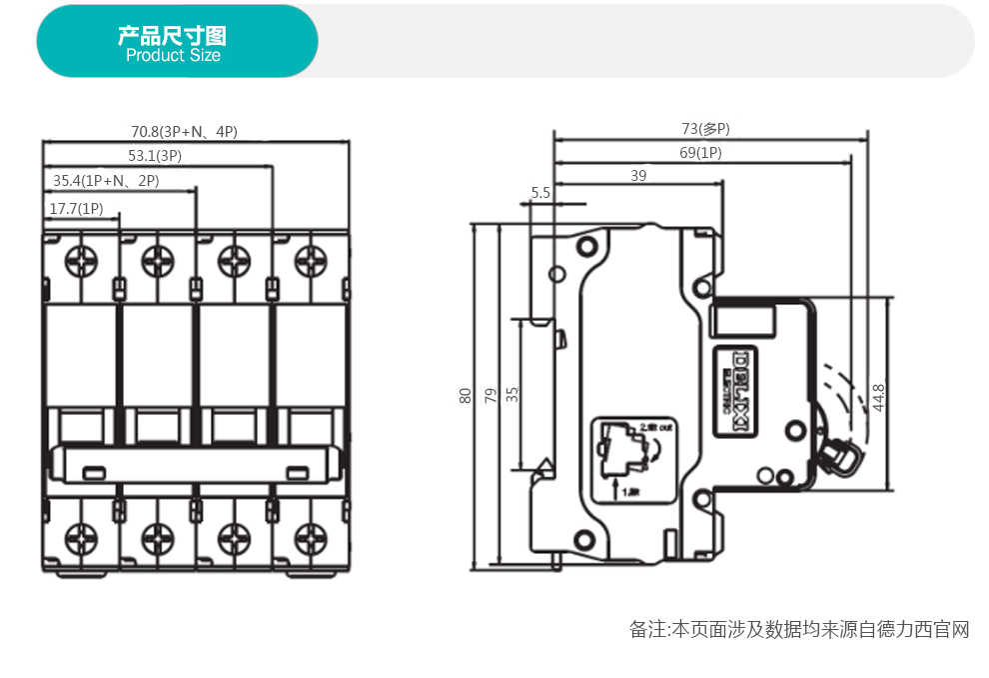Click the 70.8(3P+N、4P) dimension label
click(x=184, y=131)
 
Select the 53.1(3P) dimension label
click(x=155, y=156)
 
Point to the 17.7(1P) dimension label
click(x=76, y=208)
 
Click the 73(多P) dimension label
click(x=705, y=128)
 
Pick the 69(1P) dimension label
click(x=700, y=152)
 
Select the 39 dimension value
click(x=638, y=175)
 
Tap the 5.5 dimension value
click(x=540, y=192)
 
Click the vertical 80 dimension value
click(x=466, y=396)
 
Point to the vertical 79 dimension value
click(x=490, y=396)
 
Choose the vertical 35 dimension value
click(x=512, y=393)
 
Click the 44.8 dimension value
click(x=878, y=397)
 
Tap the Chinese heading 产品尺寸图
click(x=172, y=36)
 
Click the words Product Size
click(x=173, y=56)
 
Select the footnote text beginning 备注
click(x=799, y=630)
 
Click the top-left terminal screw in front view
click(x=81, y=261)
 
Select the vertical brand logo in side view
click(x=742, y=391)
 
